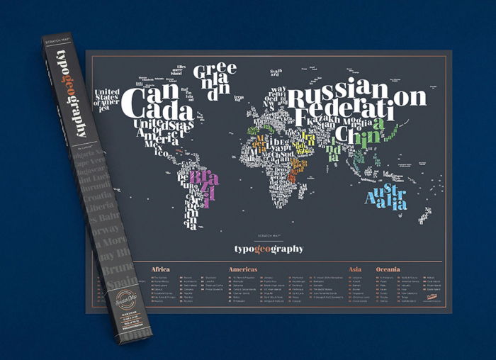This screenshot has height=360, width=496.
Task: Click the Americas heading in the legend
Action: [x=243, y=269]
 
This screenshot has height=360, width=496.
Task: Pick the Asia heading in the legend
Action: [x=356, y=269]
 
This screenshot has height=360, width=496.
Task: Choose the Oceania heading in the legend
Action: [x=388, y=269]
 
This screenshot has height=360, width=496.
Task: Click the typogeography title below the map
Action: [x=269, y=249]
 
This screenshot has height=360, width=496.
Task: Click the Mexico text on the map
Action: [x=160, y=150]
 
